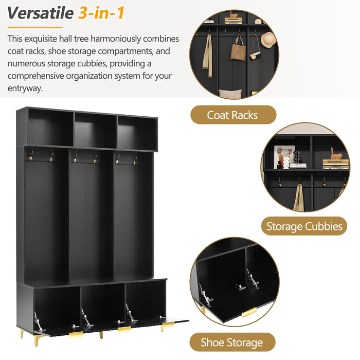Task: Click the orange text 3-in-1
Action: [x=102, y=13]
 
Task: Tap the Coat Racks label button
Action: [x=233, y=115]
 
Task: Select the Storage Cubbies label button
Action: [x=304, y=226]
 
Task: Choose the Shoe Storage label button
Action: [x=232, y=343]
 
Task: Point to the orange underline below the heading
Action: [x=35, y=27]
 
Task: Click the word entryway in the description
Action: [x=25, y=88]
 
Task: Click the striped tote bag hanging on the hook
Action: [x=238, y=50]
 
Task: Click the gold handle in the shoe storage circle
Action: [x=249, y=313]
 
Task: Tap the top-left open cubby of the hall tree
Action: [x=51, y=128]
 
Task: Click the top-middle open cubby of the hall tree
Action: [x=96, y=130]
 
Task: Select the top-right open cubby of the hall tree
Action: [x=137, y=133]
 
